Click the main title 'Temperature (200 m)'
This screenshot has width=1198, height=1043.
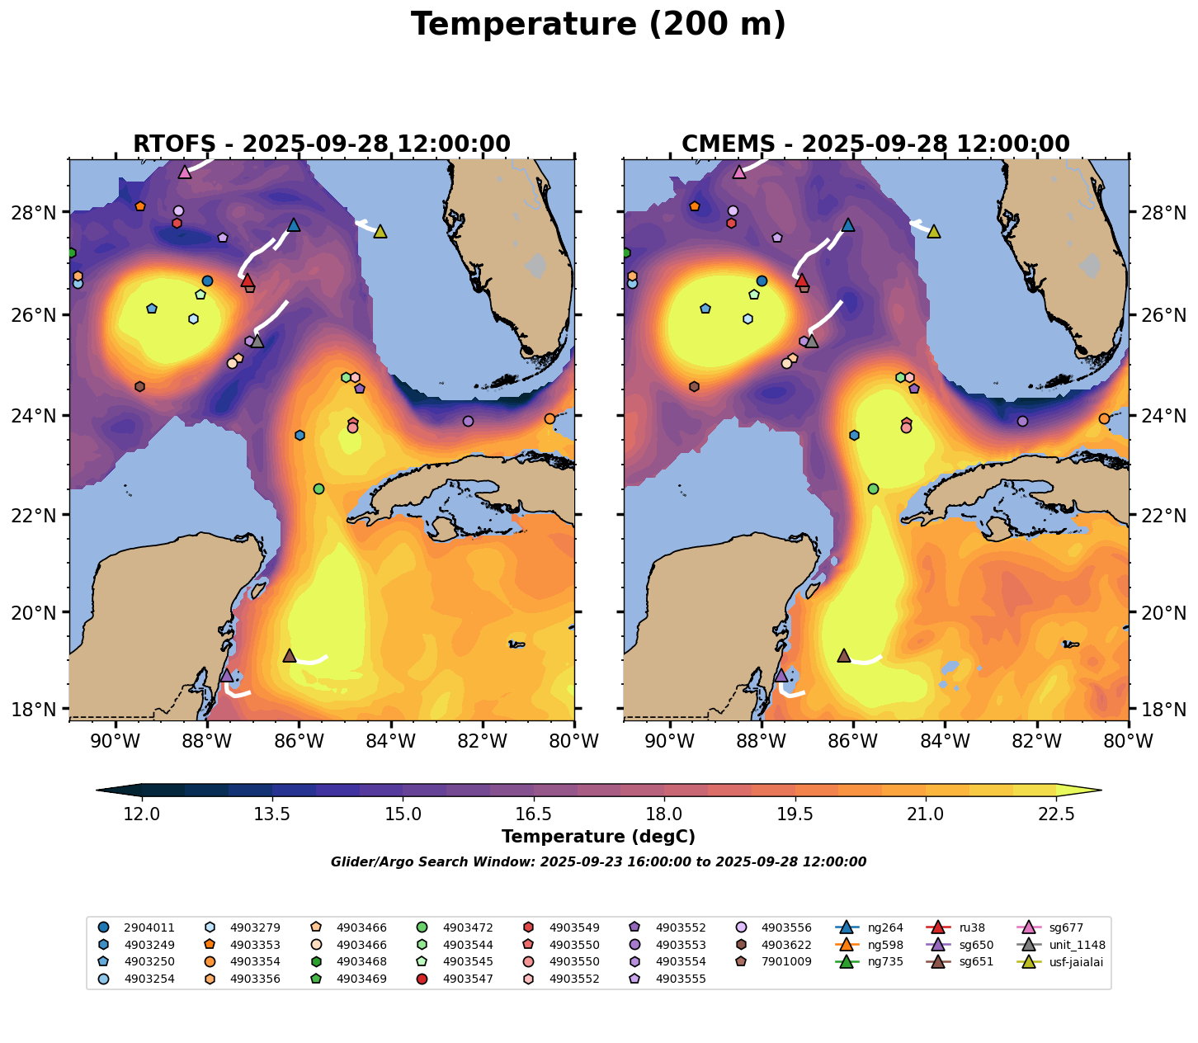598,25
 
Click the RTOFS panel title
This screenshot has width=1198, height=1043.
322,144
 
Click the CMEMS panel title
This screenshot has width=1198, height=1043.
875,144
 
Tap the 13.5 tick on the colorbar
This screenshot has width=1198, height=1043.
272,814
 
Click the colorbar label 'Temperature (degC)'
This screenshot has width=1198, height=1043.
598,837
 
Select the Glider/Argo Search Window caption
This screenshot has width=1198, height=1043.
598,862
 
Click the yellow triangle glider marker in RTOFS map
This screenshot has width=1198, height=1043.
380,232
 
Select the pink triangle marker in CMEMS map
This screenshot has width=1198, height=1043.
739,172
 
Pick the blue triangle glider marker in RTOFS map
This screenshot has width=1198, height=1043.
294,224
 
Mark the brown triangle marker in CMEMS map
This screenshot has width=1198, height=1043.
843,656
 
